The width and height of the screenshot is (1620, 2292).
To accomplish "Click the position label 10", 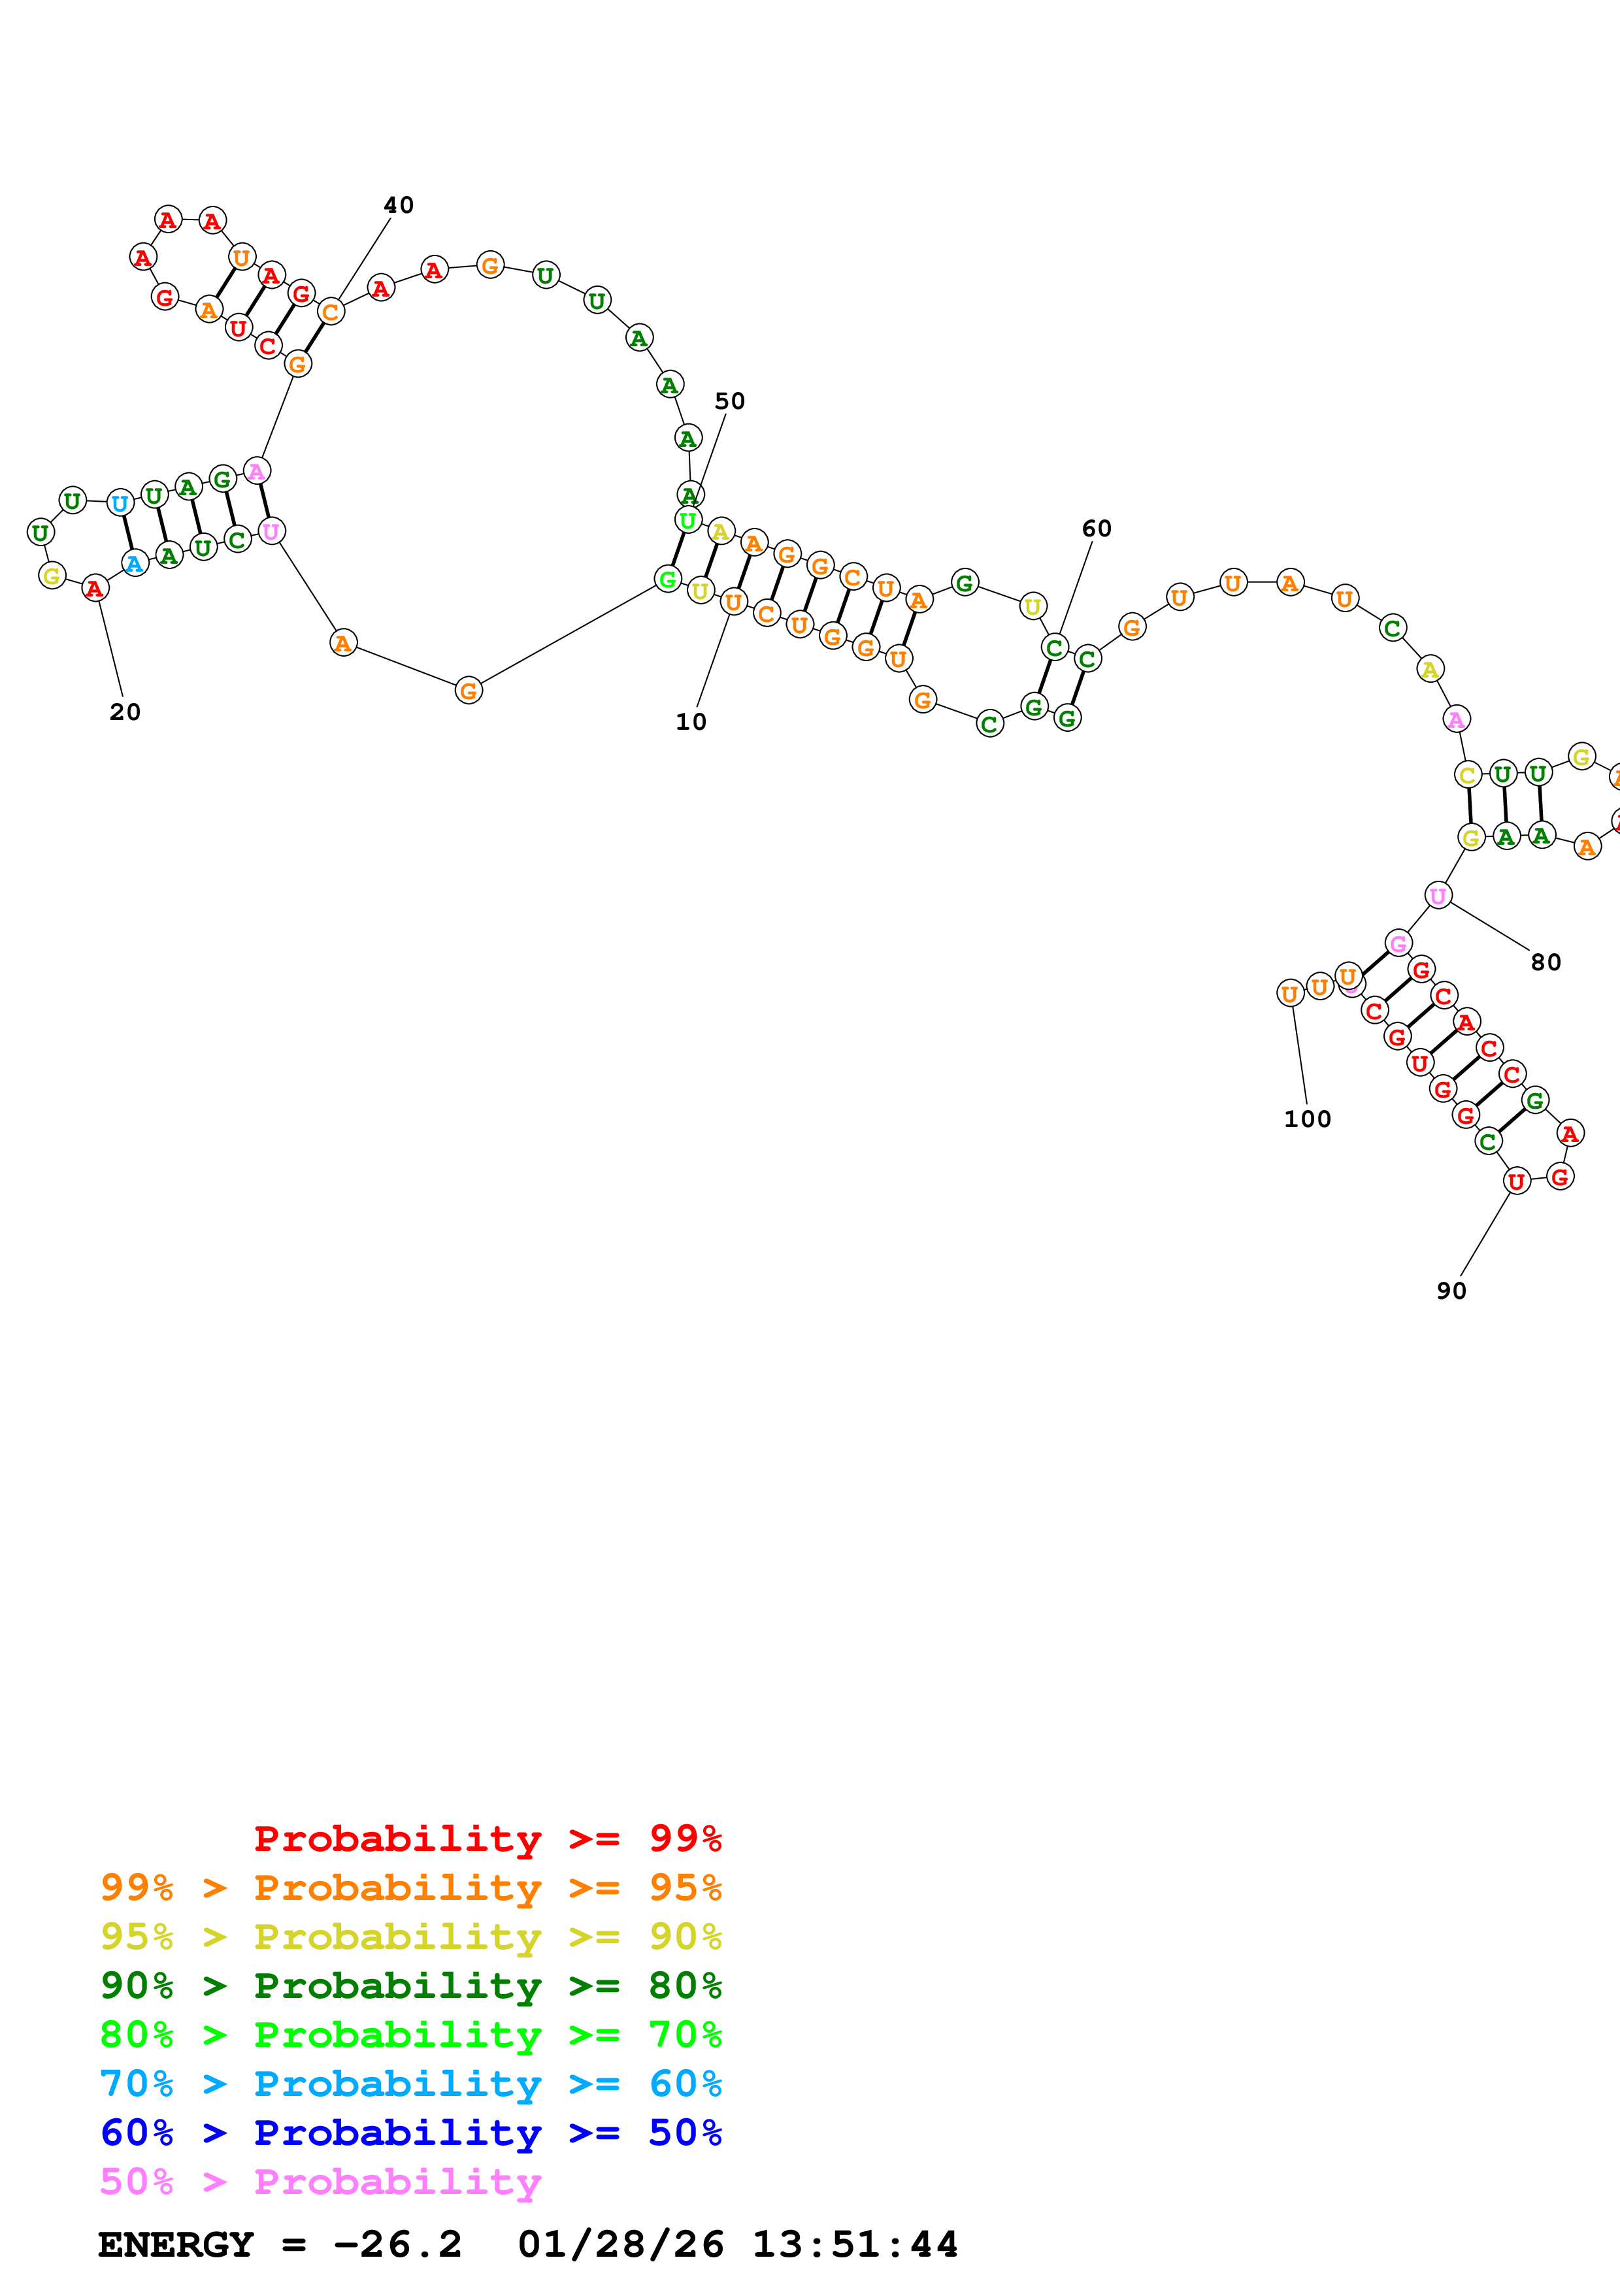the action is click(x=691, y=722).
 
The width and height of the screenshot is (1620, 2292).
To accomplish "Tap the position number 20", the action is click(x=125, y=712).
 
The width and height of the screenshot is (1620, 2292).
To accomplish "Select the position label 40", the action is click(x=398, y=205).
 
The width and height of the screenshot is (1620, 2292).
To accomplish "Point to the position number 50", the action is click(x=730, y=401).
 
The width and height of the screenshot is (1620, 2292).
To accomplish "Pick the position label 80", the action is click(x=1545, y=962).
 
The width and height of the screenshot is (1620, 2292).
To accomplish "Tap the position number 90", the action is click(x=1451, y=1291).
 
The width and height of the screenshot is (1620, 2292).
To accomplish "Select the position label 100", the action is click(x=1306, y=1119).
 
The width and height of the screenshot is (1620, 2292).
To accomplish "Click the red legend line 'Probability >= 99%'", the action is click(x=487, y=1838).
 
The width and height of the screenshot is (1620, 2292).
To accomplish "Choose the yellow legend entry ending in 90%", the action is click(x=410, y=1937).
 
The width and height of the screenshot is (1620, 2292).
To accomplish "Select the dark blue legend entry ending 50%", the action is click(x=410, y=2133).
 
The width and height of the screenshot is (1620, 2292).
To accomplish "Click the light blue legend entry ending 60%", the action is click(x=410, y=2084).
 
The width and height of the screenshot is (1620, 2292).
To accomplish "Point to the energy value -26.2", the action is click(x=397, y=2244).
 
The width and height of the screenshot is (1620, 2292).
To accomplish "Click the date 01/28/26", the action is click(x=620, y=2244).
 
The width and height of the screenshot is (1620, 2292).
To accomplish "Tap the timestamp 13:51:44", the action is click(x=854, y=2244).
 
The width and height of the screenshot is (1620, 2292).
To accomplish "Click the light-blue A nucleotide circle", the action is click(x=135, y=564).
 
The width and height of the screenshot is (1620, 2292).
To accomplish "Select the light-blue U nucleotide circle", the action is click(x=120, y=503).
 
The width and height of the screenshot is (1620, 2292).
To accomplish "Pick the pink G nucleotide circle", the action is click(x=1398, y=943).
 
